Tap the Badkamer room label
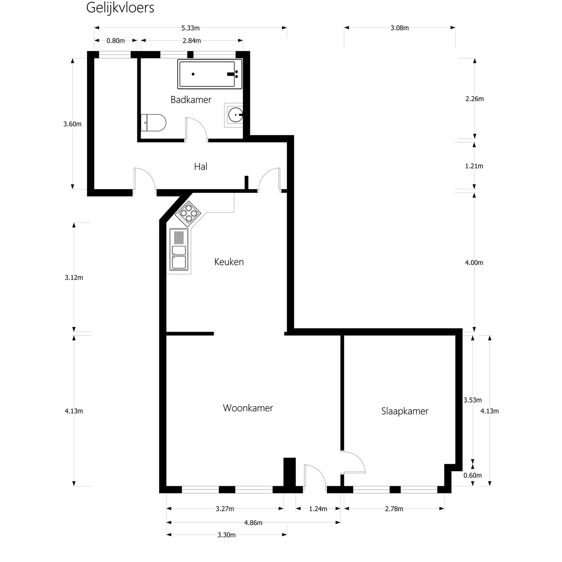coord(191,100)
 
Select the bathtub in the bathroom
coord(210,74)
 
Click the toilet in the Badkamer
coord(153,123)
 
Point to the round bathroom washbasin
coord(235,115)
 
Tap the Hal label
coord(201,166)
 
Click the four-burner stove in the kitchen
coord(188,214)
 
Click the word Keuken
coord(229,262)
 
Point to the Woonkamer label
coord(248,408)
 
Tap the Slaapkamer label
coord(405,411)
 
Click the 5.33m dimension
coord(191,28)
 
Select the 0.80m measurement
coord(115,41)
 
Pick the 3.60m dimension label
coord(72,124)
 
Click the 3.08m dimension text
coord(399,28)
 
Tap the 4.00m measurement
coord(474,263)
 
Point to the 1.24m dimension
coord(318,509)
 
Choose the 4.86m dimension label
coord(253,523)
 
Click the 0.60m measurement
coord(472,475)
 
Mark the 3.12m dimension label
coord(74,278)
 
